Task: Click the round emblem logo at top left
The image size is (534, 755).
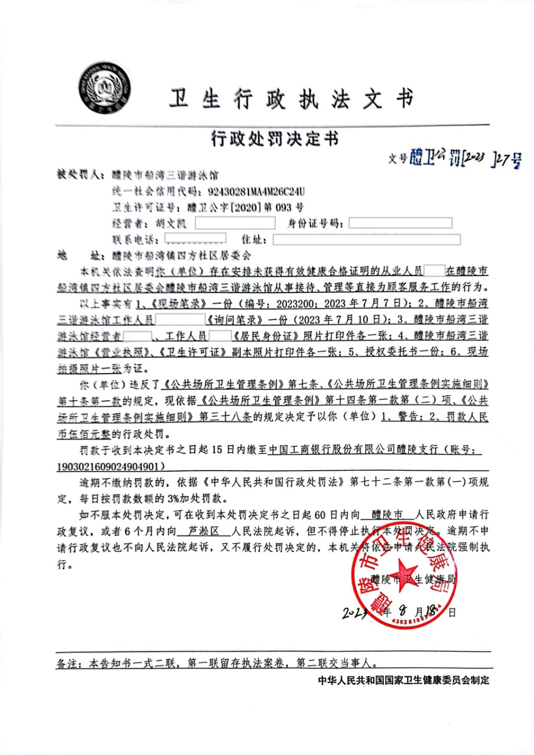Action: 104,88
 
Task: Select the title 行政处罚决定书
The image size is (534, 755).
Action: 275,138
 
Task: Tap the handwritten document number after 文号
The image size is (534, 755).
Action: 464,158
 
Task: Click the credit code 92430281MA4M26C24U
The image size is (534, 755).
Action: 256,191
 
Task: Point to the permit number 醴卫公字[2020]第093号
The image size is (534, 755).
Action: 245,208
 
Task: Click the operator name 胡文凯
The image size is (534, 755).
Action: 171,224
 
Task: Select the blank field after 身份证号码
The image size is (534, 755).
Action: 400,223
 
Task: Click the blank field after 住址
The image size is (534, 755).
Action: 366,239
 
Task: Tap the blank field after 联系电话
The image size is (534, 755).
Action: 195,238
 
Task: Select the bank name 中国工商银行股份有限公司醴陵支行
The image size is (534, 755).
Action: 353,449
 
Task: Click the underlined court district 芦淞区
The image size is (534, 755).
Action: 203,531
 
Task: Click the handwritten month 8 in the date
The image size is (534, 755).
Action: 403,610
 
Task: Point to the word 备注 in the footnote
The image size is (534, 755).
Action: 68,663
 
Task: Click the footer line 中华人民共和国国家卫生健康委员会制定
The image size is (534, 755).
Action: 404,680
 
